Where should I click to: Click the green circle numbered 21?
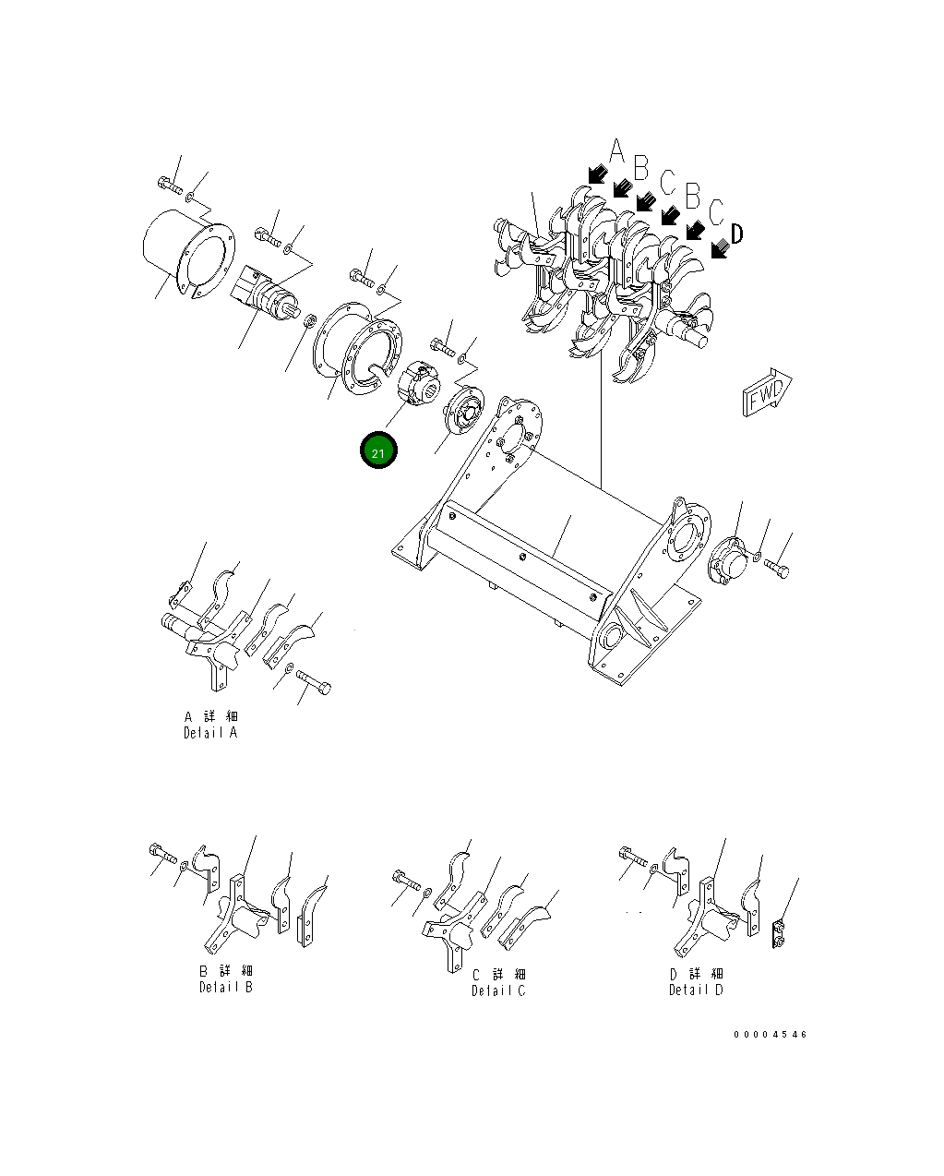tap(378, 450)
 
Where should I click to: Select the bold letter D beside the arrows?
tap(737, 234)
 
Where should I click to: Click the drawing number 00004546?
tap(771, 1035)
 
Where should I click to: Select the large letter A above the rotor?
tap(617, 150)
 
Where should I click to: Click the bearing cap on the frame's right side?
tap(729, 560)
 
